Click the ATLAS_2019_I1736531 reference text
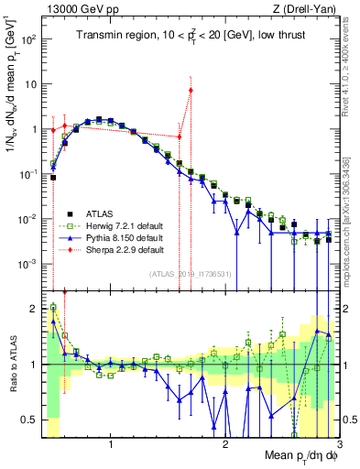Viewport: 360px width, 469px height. tap(189, 274)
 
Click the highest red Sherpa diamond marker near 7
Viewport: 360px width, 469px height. tap(191, 90)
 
